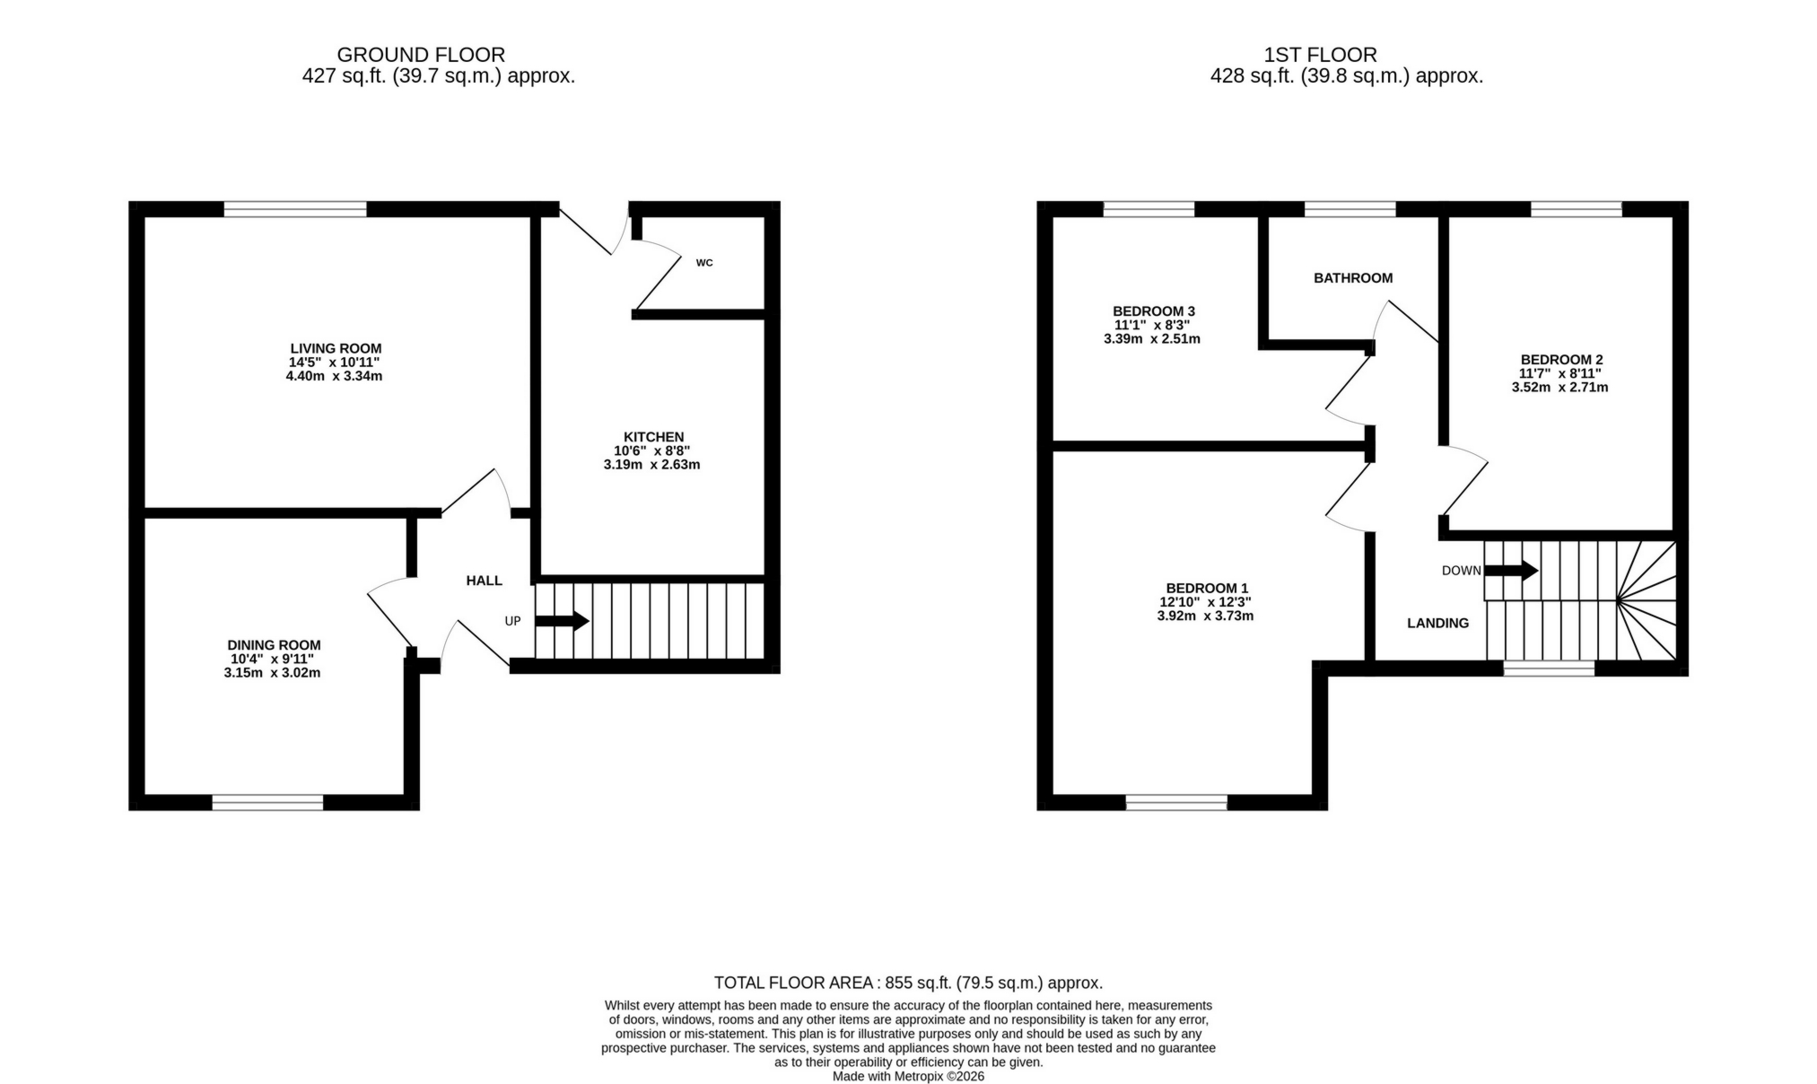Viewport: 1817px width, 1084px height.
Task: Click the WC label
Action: (704, 263)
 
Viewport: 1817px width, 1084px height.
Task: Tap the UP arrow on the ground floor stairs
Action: (562, 621)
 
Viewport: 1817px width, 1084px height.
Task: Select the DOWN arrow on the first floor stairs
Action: (1511, 570)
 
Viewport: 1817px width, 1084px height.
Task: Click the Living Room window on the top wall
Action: (295, 209)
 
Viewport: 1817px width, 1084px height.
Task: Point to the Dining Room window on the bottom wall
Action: (267, 802)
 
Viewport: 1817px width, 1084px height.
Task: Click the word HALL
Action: (484, 581)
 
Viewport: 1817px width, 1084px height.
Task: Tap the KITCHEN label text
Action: (653, 437)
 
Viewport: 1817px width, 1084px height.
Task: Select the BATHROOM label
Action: (1352, 278)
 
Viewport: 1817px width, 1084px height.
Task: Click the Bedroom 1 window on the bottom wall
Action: (1175, 802)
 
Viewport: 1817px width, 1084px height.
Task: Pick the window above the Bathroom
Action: (1350, 209)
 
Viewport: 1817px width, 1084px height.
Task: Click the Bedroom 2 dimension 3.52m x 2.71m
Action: (1559, 388)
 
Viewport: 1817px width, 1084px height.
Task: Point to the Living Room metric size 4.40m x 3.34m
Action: (334, 376)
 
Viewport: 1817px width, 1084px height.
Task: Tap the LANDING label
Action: (1437, 623)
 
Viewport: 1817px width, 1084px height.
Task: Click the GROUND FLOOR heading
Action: (421, 55)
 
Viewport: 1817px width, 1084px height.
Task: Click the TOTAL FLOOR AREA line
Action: (908, 983)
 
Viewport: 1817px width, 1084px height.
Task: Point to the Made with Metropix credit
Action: (908, 1076)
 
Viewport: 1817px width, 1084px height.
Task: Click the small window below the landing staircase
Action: (1549, 668)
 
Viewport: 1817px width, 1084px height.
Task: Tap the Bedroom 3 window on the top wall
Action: (1149, 209)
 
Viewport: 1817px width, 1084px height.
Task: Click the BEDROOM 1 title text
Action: (1207, 588)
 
